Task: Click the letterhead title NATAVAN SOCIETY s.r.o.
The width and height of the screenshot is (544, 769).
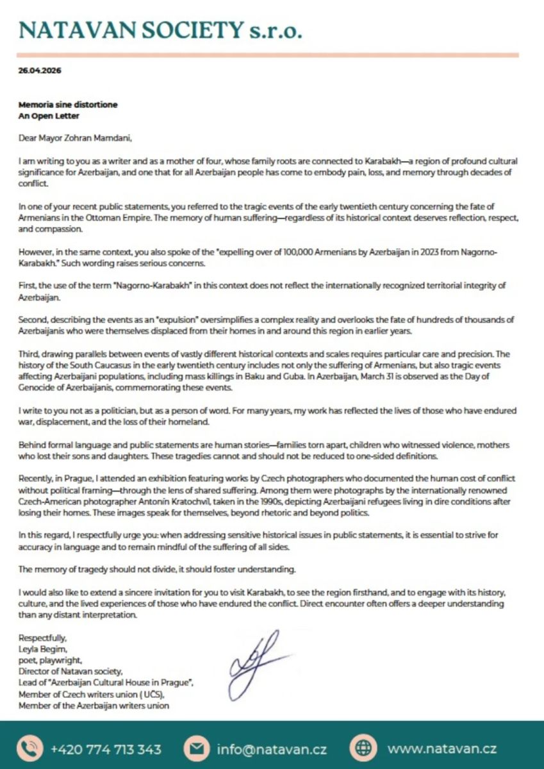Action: point(160,30)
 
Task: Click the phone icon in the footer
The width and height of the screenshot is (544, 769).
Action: point(29,748)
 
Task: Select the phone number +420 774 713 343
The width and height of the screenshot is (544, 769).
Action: point(106,748)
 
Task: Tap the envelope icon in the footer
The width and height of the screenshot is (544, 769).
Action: point(197,748)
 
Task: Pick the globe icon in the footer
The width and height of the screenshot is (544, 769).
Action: point(363,748)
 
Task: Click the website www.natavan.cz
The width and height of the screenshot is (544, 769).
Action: point(442,748)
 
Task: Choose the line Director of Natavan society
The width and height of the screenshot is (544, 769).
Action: point(70,672)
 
